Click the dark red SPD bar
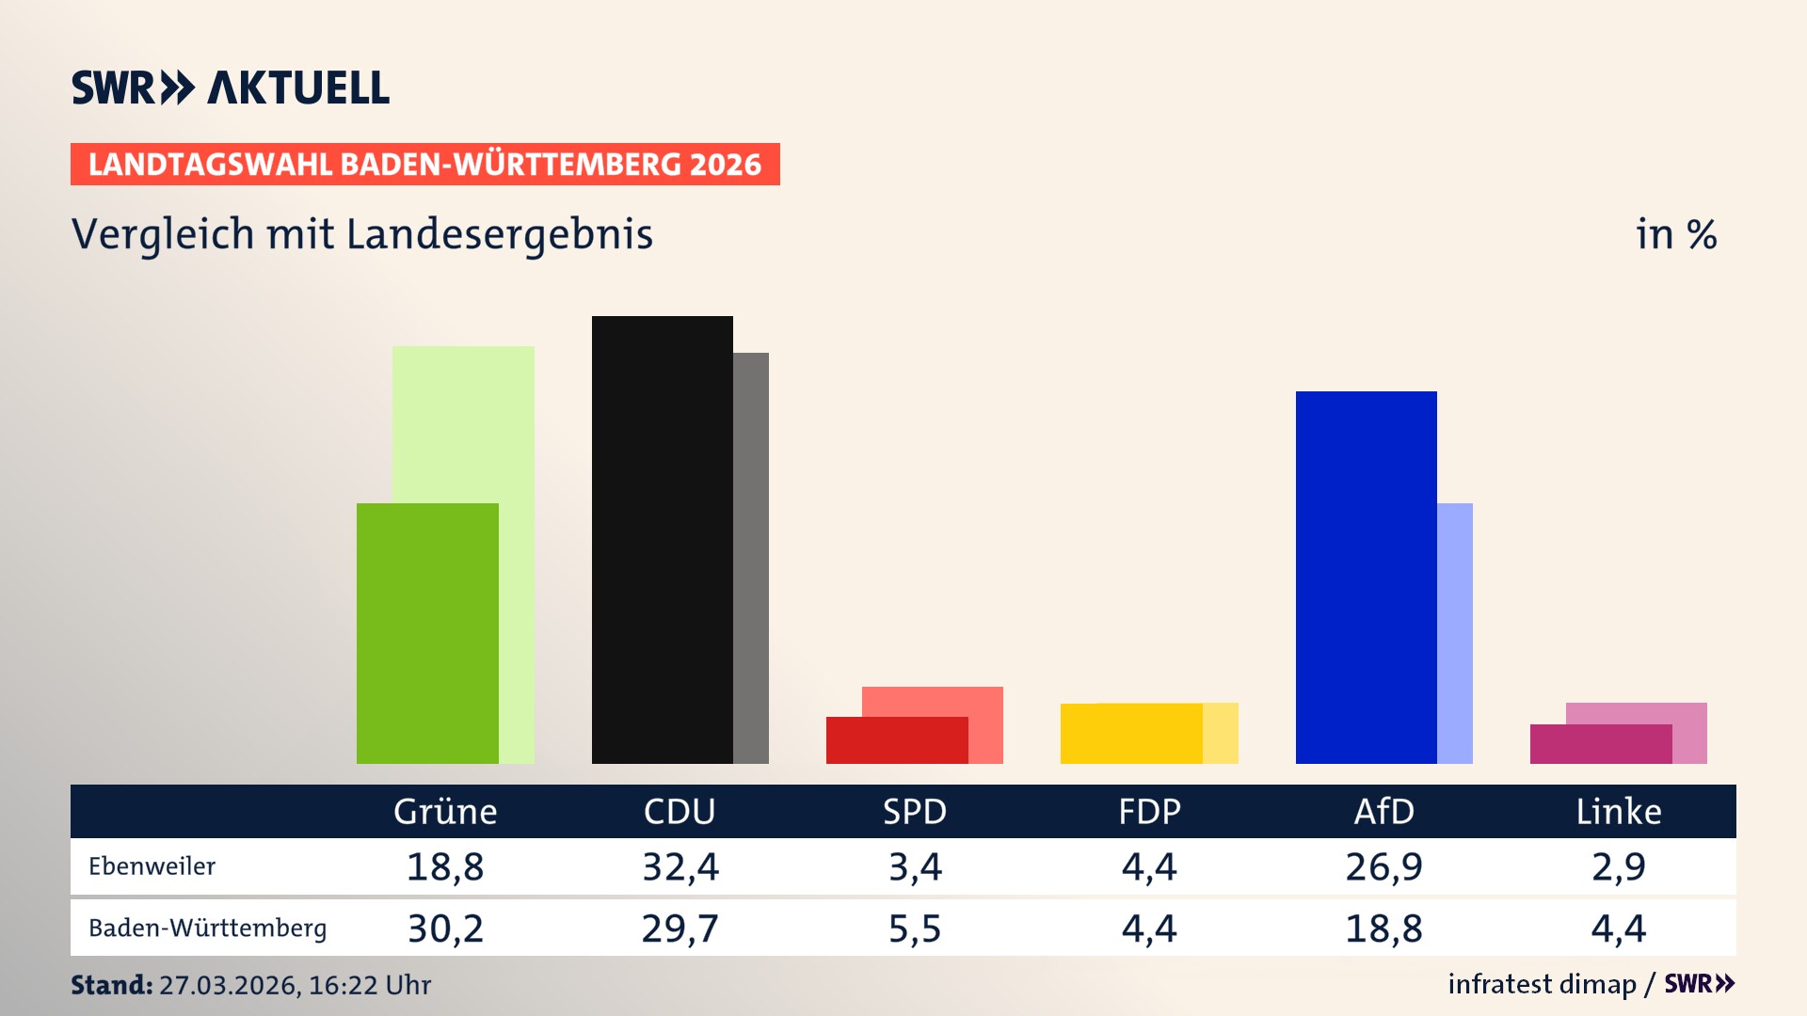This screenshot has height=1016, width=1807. tap(896, 740)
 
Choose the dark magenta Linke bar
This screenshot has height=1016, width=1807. tap(1600, 744)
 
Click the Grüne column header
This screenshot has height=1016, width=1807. tap(445, 812)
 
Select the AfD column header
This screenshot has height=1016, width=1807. tap(1383, 812)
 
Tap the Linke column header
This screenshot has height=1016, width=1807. tap(1619, 812)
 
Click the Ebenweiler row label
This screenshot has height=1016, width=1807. tap(152, 866)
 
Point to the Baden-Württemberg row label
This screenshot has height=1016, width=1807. tap(207, 929)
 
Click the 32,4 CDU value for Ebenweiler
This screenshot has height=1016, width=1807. tap(680, 866)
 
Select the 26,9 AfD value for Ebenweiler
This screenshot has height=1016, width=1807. tap(1383, 866)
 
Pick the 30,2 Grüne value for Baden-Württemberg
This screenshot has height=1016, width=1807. tap(445, 929)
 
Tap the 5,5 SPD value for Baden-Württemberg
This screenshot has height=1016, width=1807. tap(915, 929)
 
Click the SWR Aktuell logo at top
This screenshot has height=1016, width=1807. tap(231, 87)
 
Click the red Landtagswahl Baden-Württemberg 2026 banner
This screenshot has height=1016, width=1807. tap(424, 165)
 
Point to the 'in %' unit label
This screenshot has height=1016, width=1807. tap(1676, 234)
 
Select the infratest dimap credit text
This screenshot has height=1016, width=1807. tap(1542, 984)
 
